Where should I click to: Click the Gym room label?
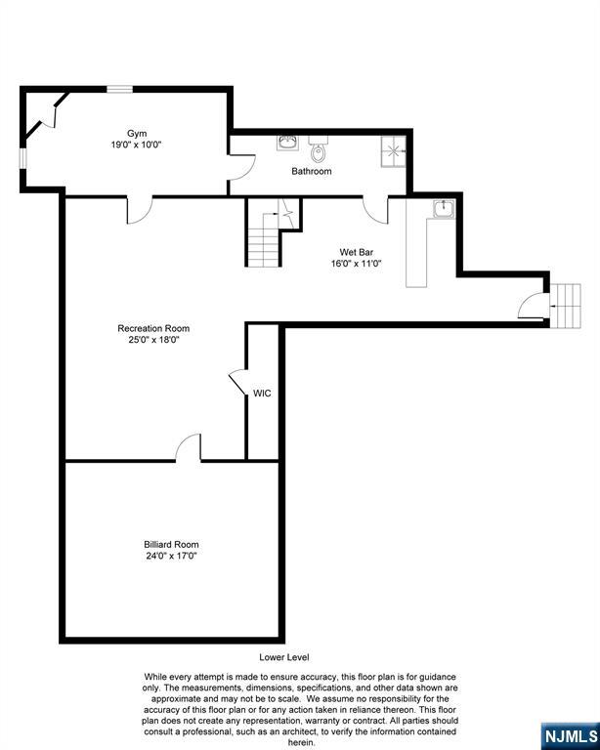point(137,134)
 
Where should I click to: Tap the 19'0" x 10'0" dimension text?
point(137,145)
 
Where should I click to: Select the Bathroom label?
point(312,171)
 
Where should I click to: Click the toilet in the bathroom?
point(318,148)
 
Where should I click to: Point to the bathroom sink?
point(287,143)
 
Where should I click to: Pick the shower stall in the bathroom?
point(393,151)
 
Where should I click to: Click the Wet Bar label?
point(357,252)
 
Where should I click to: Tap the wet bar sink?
point(444,209)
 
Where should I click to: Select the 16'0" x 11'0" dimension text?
point(357,263)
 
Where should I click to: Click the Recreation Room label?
point(153,328)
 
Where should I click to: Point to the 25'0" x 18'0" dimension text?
point(153,340)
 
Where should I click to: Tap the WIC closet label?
point(262,394)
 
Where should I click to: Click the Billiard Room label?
point(171,544)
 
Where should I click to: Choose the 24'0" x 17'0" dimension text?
point(171,556)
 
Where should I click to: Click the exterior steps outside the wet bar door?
point(565,306)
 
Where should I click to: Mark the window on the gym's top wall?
point(119,89)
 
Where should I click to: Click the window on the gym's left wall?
point(22,158)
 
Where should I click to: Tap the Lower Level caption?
point(284,657)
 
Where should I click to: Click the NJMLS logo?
point(571,737)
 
